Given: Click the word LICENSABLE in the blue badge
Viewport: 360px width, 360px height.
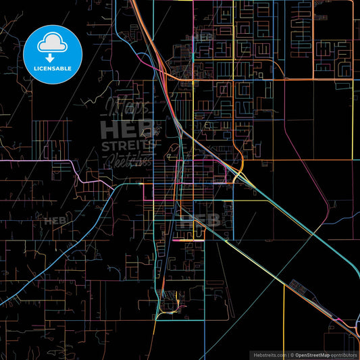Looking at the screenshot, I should tap(53, 68).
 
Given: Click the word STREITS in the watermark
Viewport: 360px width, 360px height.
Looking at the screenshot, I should tap(132, 145).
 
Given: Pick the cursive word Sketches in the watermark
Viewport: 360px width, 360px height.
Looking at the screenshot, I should tap(128, 161).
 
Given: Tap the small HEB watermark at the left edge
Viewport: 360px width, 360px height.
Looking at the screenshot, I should tap(53, 220).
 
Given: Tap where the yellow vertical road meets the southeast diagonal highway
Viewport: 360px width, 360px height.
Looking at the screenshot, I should tap(284, 283).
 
